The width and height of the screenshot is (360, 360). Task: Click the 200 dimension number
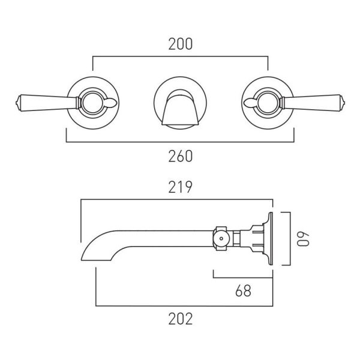click(x=181, y=44)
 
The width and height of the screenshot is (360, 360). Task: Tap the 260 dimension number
click(x=181, y=157)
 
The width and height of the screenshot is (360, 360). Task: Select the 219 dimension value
click(x=180, y=187)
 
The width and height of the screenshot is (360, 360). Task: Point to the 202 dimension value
click(x=181, y=319)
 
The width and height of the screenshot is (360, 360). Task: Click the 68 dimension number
click(x=244, y=290)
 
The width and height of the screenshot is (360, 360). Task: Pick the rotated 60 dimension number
click(x=303, y=239)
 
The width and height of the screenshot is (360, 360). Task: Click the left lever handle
click(x=47, y=103)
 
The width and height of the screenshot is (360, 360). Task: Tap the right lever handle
click(x=313, y=103)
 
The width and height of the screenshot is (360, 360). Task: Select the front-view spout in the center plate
click(x=180, y=107)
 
